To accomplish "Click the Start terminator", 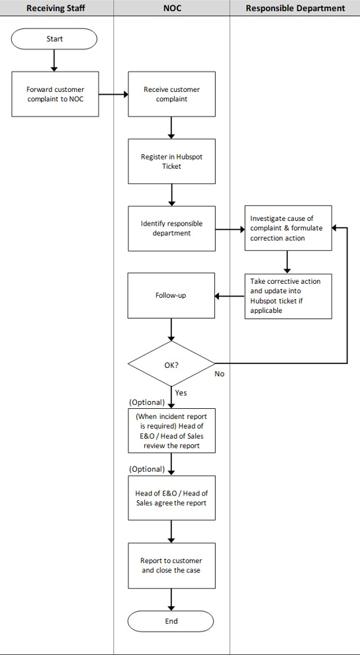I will coord(54,39).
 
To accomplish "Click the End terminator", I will coord(171,621).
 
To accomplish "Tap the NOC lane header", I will coord(171,8).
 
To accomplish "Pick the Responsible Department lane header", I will coord(295,8).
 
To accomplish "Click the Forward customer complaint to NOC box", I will coord(55,94).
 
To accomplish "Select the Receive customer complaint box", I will coord(171,94).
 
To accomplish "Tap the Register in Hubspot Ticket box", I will coord(171,161).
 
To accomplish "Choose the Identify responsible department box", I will coord(171,228).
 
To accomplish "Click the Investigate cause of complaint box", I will coord(288,228).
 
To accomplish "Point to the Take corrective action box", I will coord(288,296).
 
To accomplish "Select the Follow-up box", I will coord(171,296).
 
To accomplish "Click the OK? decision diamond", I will coord(171,363).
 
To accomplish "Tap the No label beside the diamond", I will coord(220,374).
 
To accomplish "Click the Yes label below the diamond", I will coord(181,392).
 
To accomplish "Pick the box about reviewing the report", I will coord(171,431).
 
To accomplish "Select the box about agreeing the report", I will coord(171,498).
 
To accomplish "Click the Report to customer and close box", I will coord(171,566).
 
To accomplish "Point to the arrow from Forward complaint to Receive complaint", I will coord(113,94).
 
